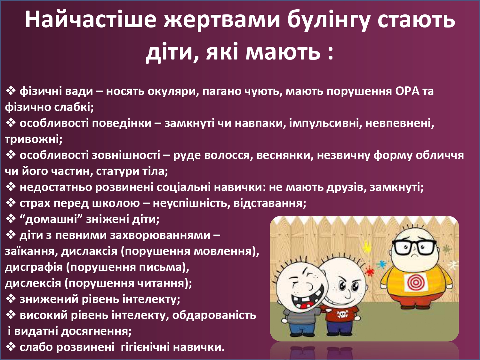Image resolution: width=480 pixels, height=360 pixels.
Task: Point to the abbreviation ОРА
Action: pyautogui.click(x=407, y=91)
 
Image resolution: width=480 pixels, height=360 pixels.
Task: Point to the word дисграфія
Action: pyautogui.click(x=34, y=267)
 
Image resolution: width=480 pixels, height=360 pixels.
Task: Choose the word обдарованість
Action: pyautogui.click(x=214, y=315)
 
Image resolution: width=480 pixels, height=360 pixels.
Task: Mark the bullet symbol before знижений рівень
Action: pyautogui.click(x=11, y=299)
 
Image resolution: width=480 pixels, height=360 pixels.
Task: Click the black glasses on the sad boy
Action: pyautogui.click(x=414, y=249)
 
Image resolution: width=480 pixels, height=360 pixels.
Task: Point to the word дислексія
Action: pyautogui.click(x=33, y=283)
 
